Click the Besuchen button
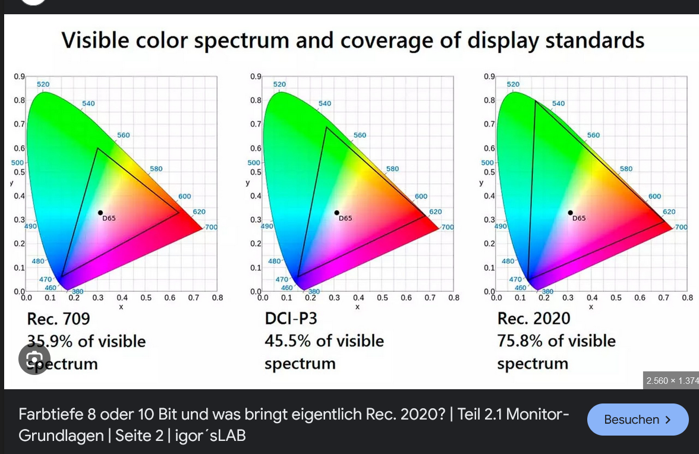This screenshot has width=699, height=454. point(637,420)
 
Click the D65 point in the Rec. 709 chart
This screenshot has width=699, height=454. point(100,213)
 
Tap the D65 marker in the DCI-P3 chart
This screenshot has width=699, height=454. point(337,213)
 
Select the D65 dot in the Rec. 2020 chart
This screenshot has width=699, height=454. point(571,213)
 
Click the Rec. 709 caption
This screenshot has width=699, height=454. point(59,319)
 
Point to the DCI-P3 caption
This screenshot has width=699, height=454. point(291,319)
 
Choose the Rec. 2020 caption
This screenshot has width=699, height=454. point(533,319)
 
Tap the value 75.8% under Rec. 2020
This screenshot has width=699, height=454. point(520,341)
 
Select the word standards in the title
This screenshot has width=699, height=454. point(594,40)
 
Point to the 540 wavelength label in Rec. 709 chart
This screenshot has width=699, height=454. point(89,103)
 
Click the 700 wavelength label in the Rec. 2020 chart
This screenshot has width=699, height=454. point(681,227)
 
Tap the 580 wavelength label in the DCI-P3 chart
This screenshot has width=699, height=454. point(392,169)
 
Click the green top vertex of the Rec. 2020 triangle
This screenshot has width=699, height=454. point(535,102)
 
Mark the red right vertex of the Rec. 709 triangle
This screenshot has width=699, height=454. point(179,212)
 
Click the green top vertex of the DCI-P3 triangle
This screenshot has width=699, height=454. point(326,127)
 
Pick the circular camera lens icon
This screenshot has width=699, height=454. point(34,359)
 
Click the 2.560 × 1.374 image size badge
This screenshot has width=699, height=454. point(671,380)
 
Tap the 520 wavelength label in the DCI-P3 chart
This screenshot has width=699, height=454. point(279,84)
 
